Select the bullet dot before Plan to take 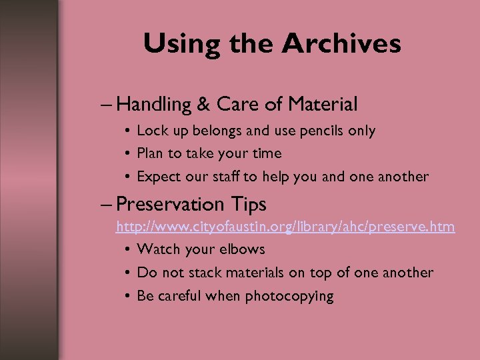click(x=126, y=154)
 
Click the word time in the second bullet click(x=266, y=153)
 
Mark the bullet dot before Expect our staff click(x=126, y=177)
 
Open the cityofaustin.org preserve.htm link click(x=285, y=227)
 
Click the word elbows click(x=241, y=249)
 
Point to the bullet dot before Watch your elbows click(x=126, y=250)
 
